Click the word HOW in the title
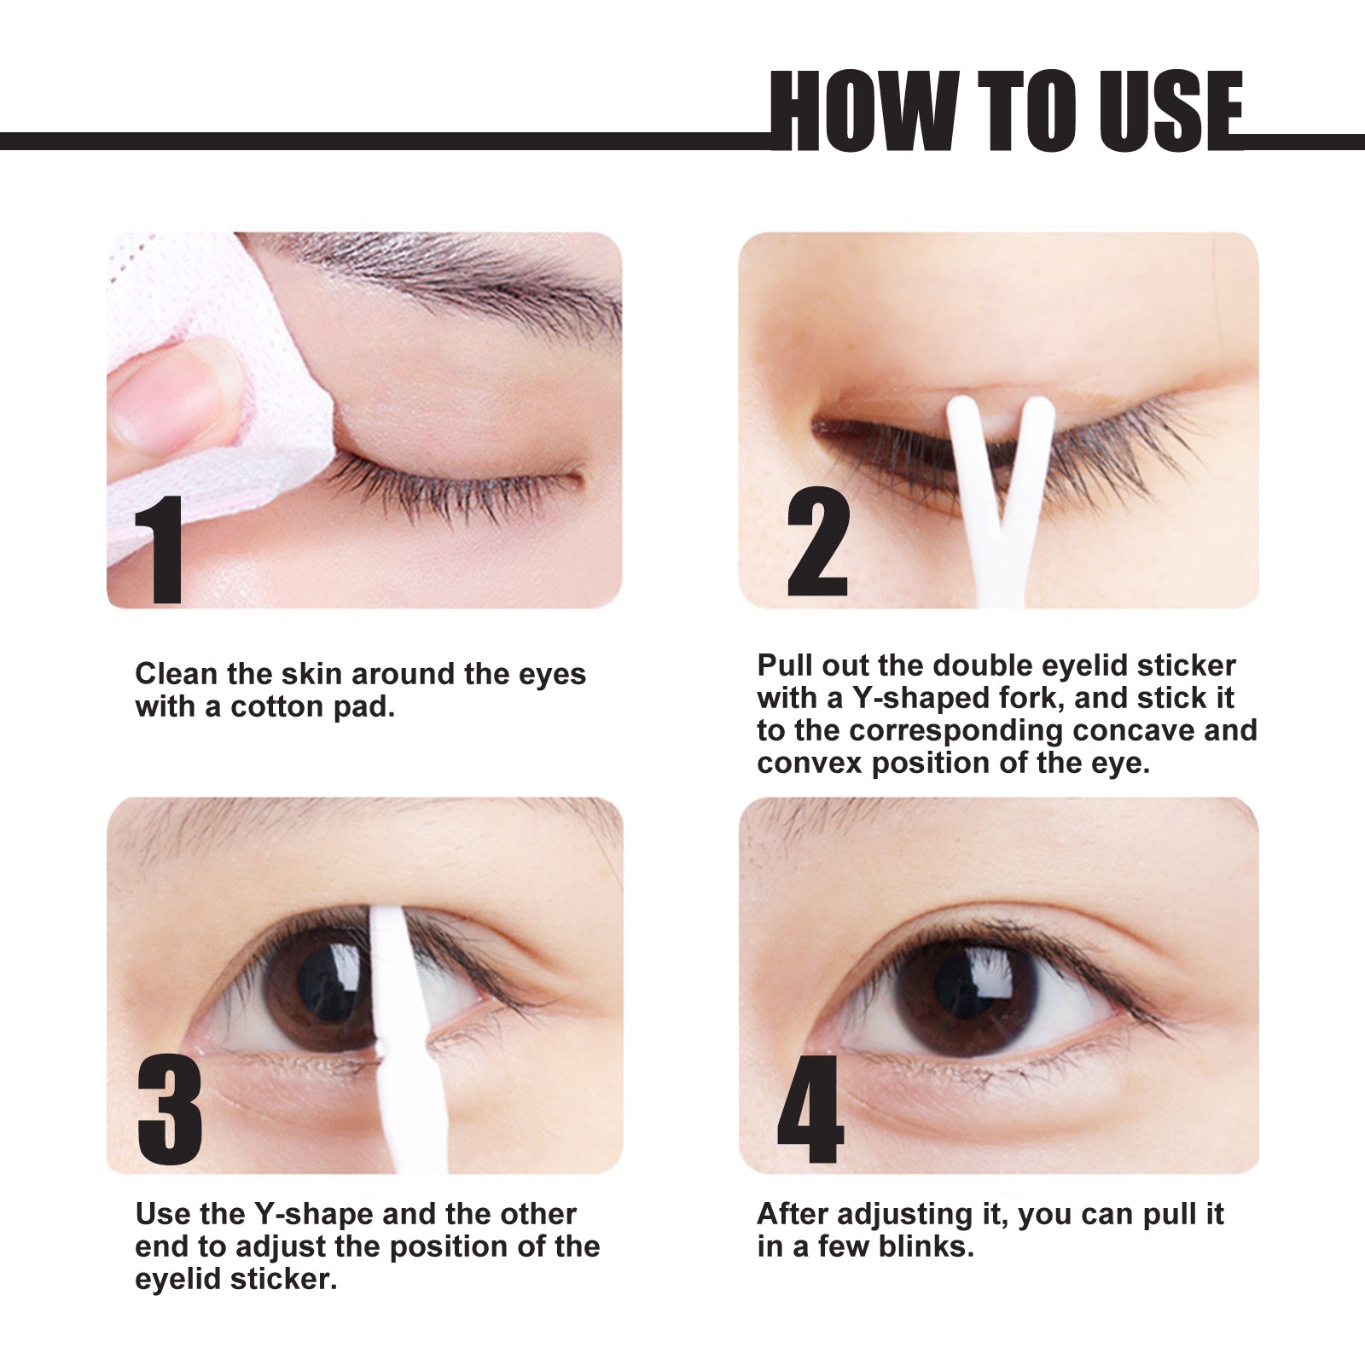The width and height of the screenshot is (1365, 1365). click(862, 111)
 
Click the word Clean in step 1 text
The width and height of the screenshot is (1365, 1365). click(176, 674)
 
